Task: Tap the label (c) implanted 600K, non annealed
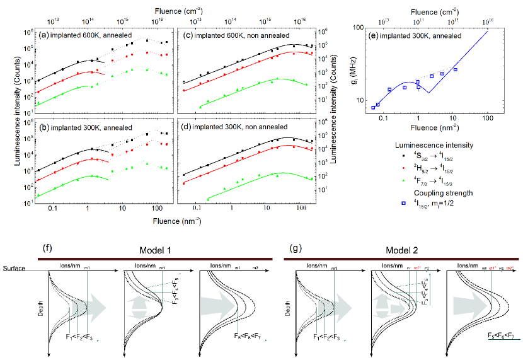point(229,35)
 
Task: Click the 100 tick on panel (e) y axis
point(358,28)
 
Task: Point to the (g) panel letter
point(292,250)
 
